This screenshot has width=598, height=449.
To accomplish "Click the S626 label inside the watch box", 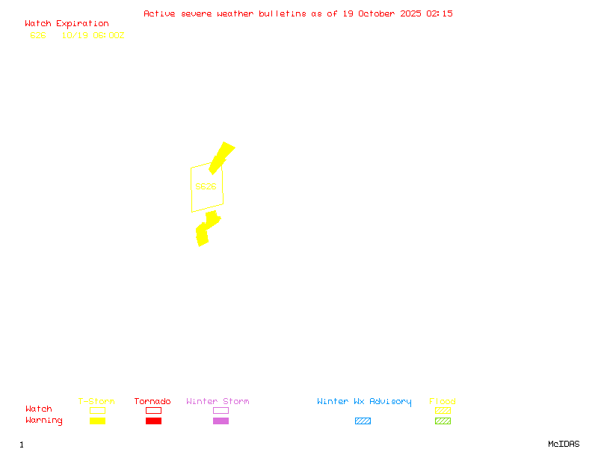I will tap(206, 186).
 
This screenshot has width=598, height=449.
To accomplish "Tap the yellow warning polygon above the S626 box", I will tap(221, 157).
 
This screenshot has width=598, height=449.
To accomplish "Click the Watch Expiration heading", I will tap(67, 23).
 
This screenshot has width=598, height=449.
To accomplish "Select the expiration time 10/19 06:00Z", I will tap(93, 35).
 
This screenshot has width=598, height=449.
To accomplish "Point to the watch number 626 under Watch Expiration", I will tap(38, 35).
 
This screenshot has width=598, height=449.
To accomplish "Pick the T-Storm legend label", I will tap(96, 402).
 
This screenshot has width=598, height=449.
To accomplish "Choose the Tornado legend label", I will tap(152, 402).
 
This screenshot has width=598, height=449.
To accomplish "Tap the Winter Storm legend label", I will tap(218, 402).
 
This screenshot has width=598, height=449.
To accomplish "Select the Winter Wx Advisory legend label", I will tap(364, 402).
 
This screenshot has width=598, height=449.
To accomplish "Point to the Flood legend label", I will tap(443, 402).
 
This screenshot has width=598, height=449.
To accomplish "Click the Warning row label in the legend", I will tap(44, 421).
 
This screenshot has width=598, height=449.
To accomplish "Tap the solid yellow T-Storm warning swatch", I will tap(97, 421).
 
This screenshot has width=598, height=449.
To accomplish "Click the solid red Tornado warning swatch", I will tap(153, 421).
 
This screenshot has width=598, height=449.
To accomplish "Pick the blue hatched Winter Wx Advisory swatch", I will tap(363, 421).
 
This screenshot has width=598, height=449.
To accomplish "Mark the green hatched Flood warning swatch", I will tap(443, 421).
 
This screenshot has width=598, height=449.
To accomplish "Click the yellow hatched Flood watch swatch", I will tap(443, 410).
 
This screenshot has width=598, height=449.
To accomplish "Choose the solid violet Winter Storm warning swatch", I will tap(221, 421).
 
